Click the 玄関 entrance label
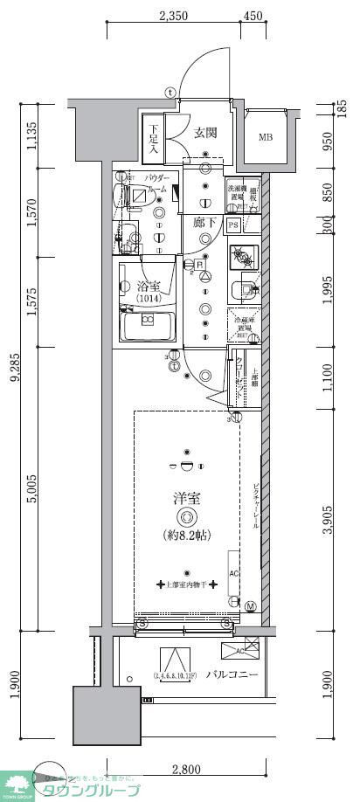206,133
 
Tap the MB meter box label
265,136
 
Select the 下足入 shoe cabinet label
153,139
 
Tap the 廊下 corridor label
204,223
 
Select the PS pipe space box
233,225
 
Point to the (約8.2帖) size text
186,535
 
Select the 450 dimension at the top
253,14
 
